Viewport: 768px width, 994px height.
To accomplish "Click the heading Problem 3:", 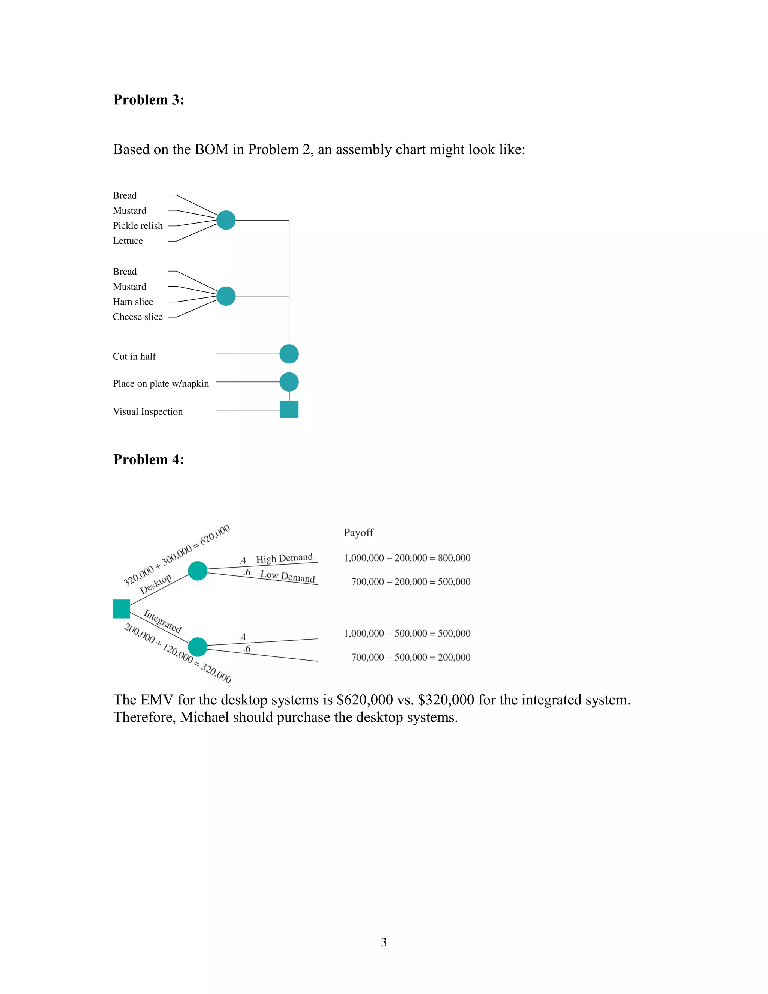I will point(148,100).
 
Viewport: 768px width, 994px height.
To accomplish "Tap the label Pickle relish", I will point(137,226).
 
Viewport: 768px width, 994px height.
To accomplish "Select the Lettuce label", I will point(128,241).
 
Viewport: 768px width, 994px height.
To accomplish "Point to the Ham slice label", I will point(133,302).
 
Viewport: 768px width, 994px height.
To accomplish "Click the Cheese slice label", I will point(137,317).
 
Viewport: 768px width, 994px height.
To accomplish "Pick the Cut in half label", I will point(134,356).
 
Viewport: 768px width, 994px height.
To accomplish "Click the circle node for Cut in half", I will point(289,354).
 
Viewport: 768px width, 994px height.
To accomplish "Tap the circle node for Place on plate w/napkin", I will point(289,382).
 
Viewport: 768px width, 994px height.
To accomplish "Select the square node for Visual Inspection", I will point(289,409).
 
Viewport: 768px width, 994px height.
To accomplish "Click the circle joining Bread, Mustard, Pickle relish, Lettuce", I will point(226,220).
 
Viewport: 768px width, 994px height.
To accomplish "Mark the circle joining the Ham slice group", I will point(226,296).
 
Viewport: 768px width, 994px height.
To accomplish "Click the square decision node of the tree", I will point(121,609).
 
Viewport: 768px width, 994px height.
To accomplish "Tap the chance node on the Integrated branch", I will point(198,647).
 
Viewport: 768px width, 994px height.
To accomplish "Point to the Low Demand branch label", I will point(288,576).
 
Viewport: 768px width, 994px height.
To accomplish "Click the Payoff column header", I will point(358,533).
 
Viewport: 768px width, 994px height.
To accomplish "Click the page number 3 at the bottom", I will point(384,942).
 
